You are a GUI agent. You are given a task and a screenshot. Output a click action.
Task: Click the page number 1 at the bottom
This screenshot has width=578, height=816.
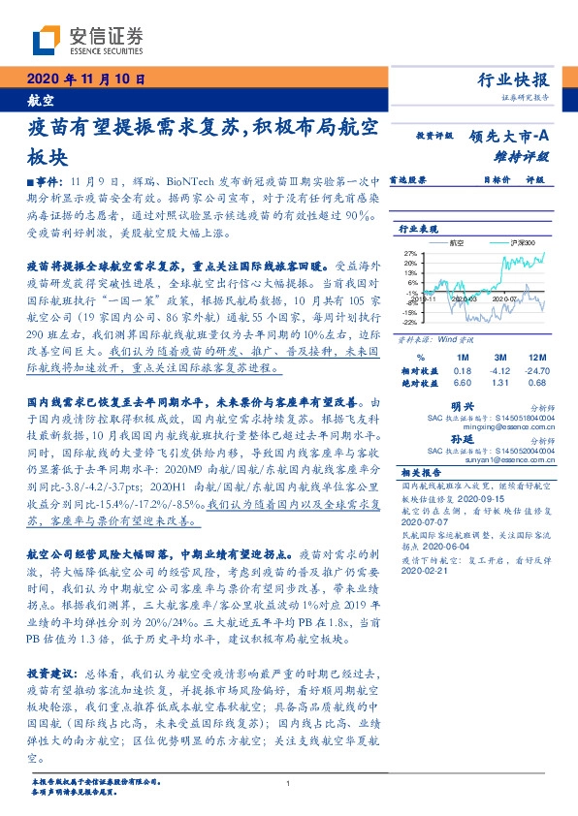coord(289,784)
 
